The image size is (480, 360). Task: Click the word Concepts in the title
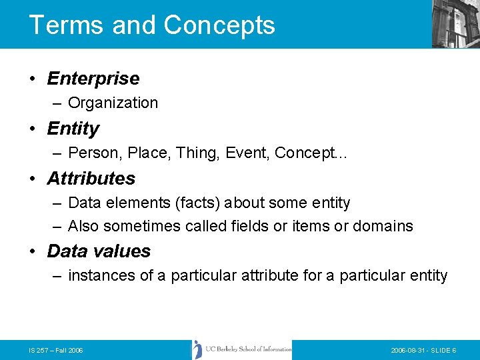click(219, 25)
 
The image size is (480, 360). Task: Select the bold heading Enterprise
click(93, 79)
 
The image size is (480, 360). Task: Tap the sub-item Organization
click(113, 103)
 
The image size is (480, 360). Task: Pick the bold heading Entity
click(73, 129)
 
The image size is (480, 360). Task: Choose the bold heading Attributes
click(91, 179)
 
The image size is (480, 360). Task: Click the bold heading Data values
click(99, 251)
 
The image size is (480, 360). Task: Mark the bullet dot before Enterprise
click(33, 79)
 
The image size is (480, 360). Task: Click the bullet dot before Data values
click(33, 252)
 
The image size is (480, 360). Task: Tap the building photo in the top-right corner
click(455, 23)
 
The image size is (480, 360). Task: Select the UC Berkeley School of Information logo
click(242, 349)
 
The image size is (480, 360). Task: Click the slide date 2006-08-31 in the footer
click(406, 350)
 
